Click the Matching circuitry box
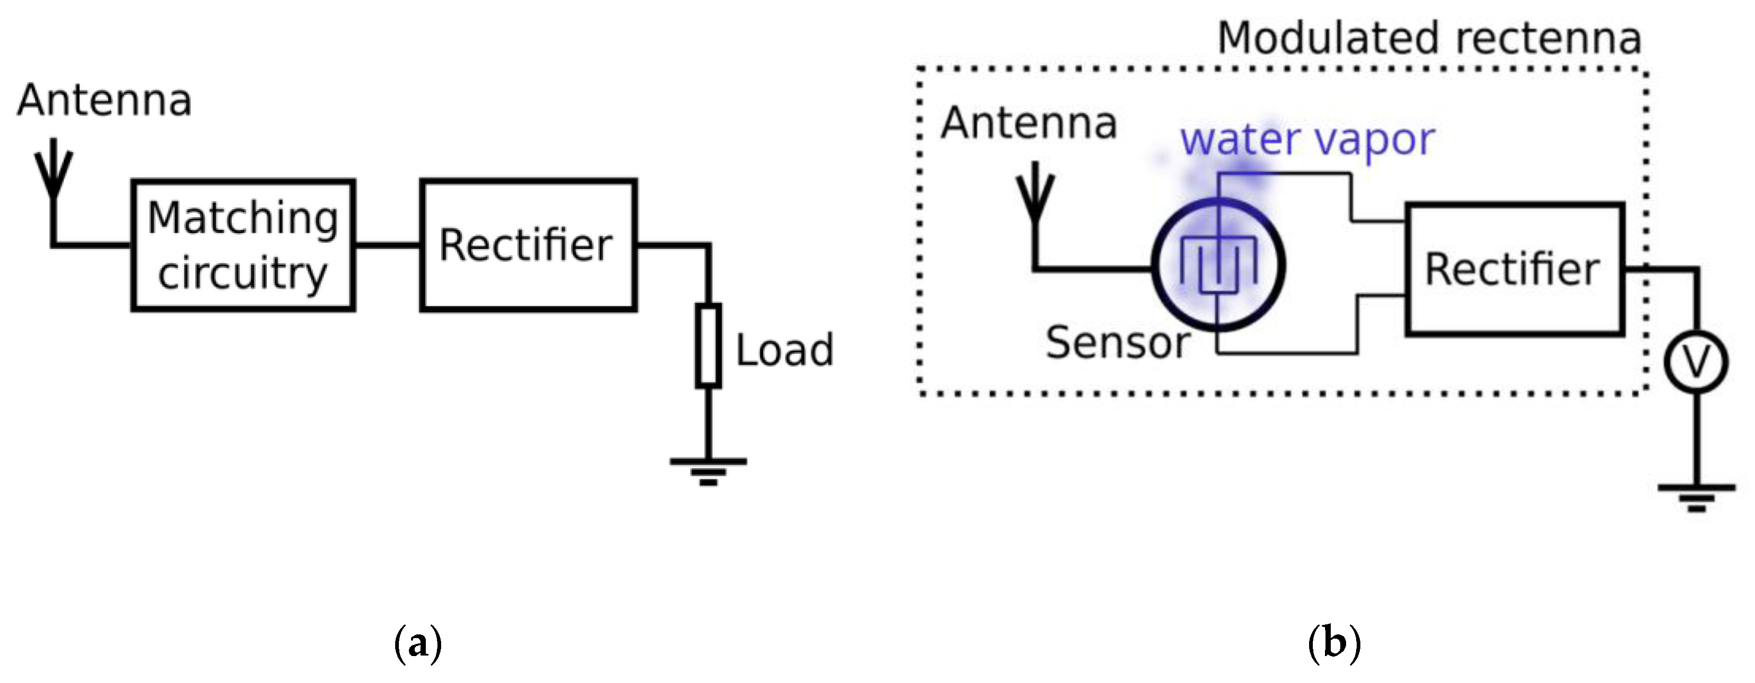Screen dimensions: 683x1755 point(243,245)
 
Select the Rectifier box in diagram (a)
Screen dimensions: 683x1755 point(528,245)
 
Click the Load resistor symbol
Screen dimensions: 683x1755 point(708,346)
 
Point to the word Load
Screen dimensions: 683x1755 point(784,350)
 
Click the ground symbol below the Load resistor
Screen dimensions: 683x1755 point(708,470)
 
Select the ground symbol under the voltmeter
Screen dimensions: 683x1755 point(1696,497)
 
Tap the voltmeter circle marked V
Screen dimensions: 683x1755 point(1696,362)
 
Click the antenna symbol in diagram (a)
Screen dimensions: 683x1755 point(53,170)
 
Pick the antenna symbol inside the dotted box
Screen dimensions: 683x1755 point(1035,194)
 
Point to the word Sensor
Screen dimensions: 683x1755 point(1117,342)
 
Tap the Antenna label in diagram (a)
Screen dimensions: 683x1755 point(104,101)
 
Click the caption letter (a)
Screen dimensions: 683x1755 point(418,642)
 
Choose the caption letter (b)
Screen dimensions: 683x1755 point(1333,642)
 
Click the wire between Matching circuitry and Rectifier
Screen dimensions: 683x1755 point(387,245)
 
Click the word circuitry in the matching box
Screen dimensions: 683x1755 point(242,274)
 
